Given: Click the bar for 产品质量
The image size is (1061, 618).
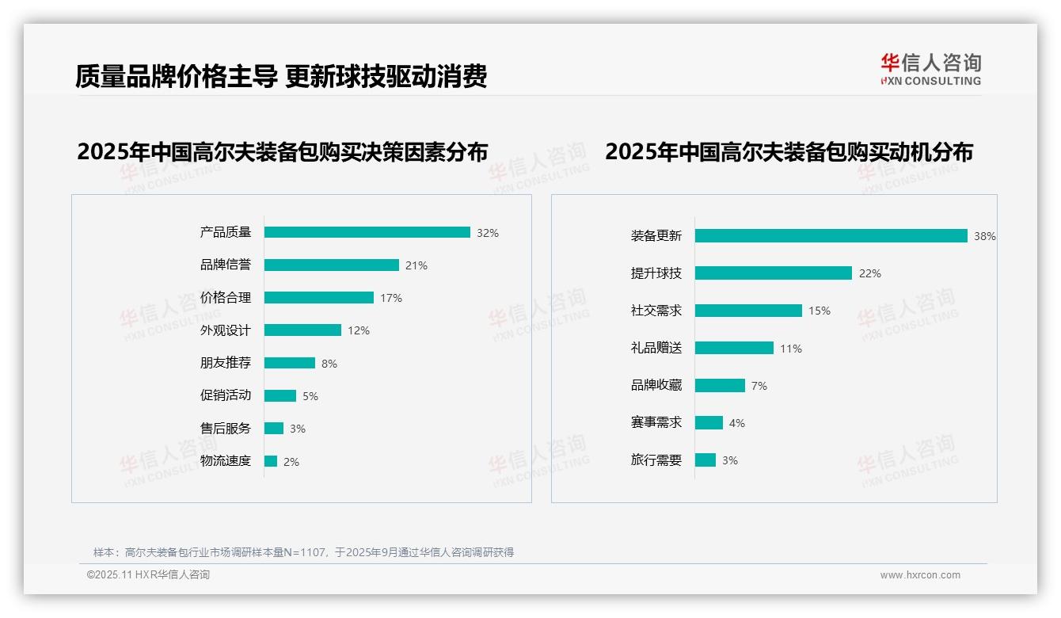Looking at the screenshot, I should [x=367, y=232].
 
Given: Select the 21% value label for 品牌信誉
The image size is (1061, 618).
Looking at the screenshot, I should [x=416, y=265].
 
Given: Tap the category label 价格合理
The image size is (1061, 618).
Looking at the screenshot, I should [x=225, y=298].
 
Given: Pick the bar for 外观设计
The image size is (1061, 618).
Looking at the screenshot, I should [x=302, y=330].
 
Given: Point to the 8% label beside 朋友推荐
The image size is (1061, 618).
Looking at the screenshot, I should [x=329, y=364].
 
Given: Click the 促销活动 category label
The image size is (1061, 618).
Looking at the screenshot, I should [x=225, y=395].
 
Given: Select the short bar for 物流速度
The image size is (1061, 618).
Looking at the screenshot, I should [x=271, y=461].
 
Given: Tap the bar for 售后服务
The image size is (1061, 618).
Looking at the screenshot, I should [x=274, y=429].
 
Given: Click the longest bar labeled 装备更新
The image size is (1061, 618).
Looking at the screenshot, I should [x=831, y=235].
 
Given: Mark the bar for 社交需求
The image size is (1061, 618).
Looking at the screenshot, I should [x=748, y=311].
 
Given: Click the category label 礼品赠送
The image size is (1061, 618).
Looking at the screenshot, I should [x=656, y=348].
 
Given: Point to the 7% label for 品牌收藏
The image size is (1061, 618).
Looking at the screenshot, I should [x=759, y=386].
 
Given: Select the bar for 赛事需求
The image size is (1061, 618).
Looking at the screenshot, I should [x=709, y=423].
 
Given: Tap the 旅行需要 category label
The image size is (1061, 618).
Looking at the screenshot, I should [x=656, y=460].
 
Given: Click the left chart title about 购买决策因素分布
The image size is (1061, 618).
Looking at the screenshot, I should [x=282, y=151].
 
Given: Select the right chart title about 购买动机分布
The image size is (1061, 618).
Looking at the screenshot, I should [x=789, y=151].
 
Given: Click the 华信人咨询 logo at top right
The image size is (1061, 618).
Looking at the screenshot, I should [x=930, y=69].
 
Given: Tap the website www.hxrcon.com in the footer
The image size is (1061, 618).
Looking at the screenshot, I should [x=919, y=575].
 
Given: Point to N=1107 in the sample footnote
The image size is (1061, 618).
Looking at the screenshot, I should [x=306, y=552].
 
